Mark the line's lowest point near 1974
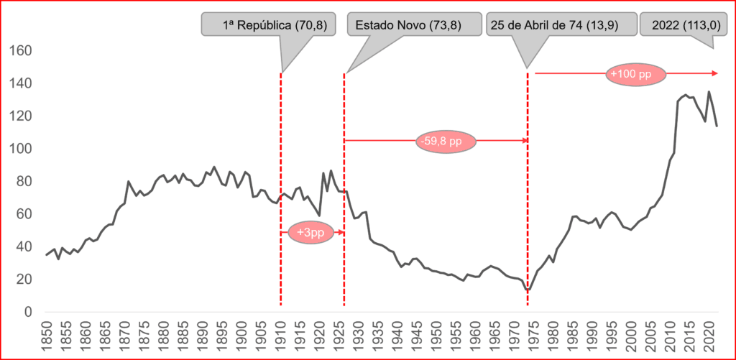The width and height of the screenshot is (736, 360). tap(529, 290)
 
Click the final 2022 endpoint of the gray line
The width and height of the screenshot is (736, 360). tap(717, 126)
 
